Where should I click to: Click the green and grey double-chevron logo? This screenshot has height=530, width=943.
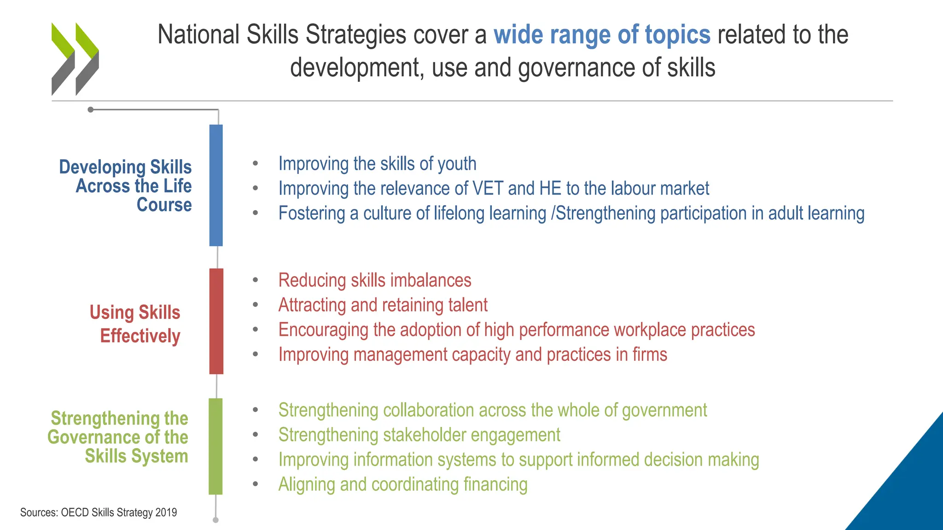pyautogui.click(x=75, y=59)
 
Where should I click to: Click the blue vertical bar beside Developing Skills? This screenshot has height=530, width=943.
pyautogui.click(x=216, y=185)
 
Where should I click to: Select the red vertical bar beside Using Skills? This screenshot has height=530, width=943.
pyautogui.click(x=216, y=321)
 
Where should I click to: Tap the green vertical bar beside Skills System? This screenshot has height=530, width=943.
pyautogui.click(x=215, y=446)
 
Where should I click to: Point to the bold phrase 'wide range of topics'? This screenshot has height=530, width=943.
pyautogui.click(x=602, y=35)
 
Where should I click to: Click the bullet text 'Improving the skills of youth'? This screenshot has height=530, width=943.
pyautogui.click(x=377, y=164)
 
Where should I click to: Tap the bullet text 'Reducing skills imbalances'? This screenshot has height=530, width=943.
pyautogui.click(x=375, y=280)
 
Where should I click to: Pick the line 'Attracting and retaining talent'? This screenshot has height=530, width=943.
pyautogui.click(x=383, y=305)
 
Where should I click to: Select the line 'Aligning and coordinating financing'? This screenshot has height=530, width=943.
pyautogui.click(x=403, y=484)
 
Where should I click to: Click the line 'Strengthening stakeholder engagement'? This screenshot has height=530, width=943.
pyautogui.click(x=419, y=435)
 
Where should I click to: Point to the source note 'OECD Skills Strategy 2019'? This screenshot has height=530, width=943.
pyautogui.click(x=119, y=513)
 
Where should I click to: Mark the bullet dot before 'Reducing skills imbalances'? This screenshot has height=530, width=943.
pyautogui.click(x=255, y=280)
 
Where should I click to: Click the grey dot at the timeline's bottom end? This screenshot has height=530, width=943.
pyautogui.click(x=215, y=520)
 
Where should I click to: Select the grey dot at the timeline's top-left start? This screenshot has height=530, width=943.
pyautogui.click(x=91, y=109)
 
